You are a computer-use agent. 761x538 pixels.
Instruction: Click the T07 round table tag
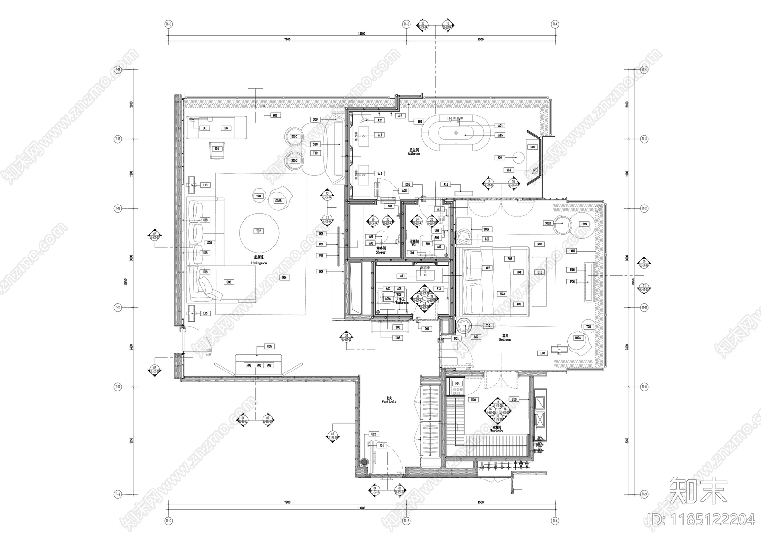[258, 231]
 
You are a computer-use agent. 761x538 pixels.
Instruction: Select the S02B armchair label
[278, 201]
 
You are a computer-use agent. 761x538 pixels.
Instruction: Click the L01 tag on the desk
[205, 128]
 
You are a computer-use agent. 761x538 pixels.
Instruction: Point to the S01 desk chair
[216, 149]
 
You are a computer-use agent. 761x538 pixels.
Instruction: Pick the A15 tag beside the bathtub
[500, 135]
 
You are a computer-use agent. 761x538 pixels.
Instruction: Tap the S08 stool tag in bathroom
[499, 157]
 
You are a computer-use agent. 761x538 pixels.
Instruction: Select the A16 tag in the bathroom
[446, 185]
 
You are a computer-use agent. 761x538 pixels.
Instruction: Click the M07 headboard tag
[488, 268]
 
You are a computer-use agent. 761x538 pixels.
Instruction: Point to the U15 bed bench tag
[539, 272]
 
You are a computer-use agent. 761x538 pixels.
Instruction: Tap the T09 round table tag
[585, 224]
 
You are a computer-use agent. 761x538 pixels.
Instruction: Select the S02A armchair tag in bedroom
[577, 338]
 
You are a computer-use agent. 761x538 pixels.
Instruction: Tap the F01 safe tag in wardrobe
[458, 383]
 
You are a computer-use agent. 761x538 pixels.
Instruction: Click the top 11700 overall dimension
[361, 34]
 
